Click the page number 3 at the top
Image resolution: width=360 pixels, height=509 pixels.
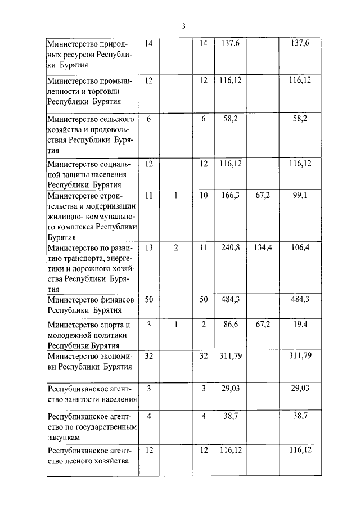(x=183, y=26)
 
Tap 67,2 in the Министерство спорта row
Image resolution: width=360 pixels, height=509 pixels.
(x=262, y=325)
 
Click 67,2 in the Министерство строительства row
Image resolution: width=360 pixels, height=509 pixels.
(x=262, y=196)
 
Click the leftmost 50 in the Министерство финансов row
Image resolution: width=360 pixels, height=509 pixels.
(x=149, y=299)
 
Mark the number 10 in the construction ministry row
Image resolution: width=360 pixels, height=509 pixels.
(x=204, y=196)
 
